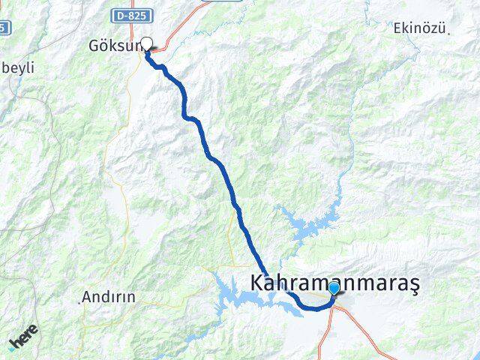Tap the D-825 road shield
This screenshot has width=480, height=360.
pyautogui.click(x=133, y=15)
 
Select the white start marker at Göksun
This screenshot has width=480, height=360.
pyautogui.click(x=147, y=43)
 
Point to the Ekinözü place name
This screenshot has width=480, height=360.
pyautogui.click(x=419, y=29)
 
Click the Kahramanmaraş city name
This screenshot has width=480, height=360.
pyautogui.click(x=334, y=283)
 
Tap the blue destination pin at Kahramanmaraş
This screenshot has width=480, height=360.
pyautogui.click(x=334, y=289)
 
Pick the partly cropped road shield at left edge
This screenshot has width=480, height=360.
pyautogui.click(x=4, y=27)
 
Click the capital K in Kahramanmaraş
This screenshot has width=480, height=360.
pyautogui.click(x=256, y=283)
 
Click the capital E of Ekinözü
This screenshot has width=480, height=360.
pyautogui.click(x=397, y=29)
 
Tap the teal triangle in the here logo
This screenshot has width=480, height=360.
pyautogui.click(x=13, y=347)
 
